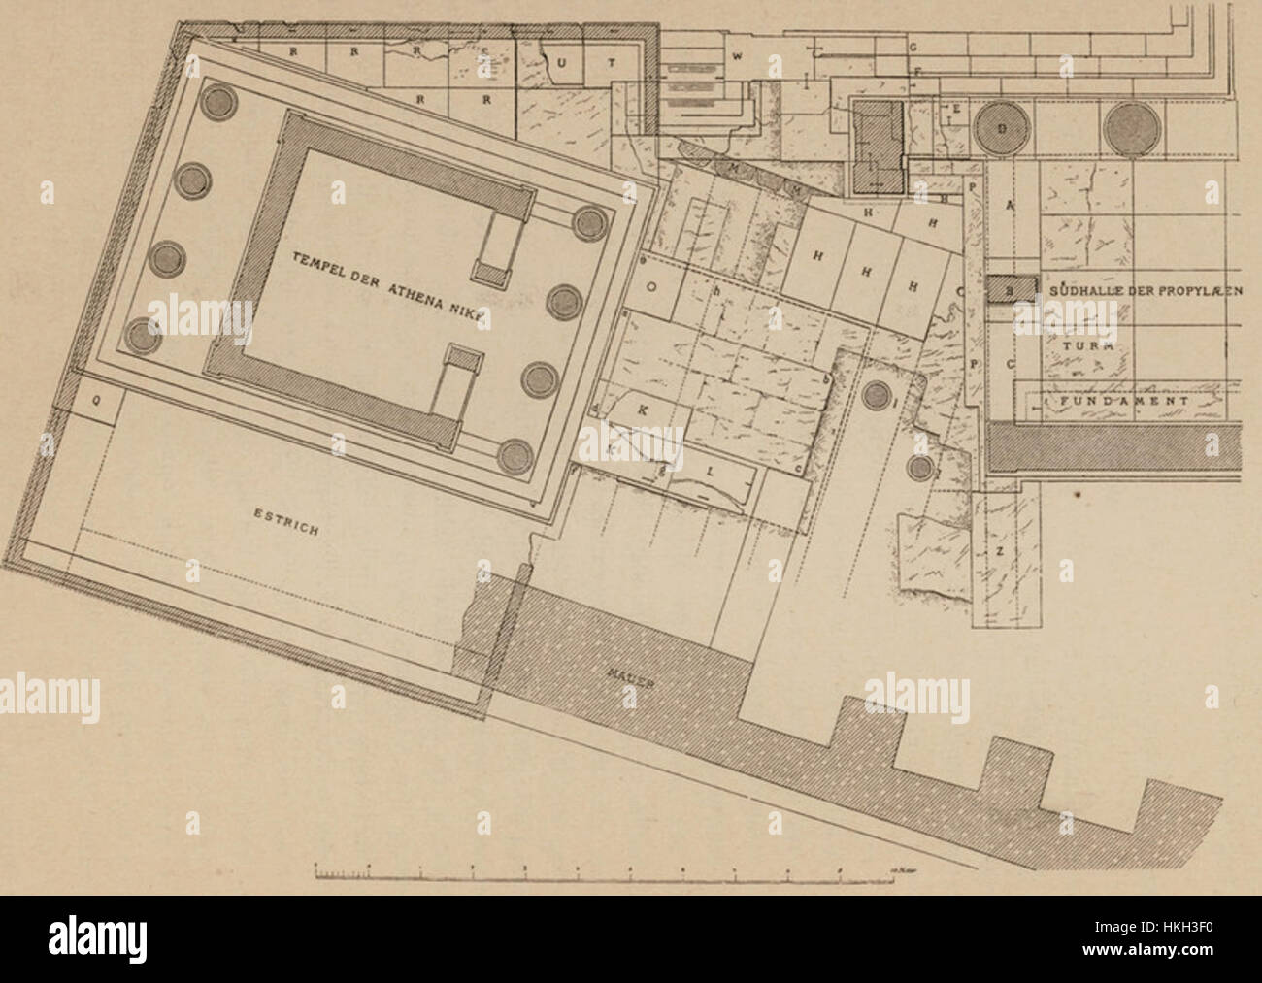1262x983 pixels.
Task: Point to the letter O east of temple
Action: pyautogui.click(x=652, y=287)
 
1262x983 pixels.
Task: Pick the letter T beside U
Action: pyautogui.click(x=612, y=62)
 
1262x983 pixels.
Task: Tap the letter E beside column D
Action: pyautogui.click(x=955, y=109)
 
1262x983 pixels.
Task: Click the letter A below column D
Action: pyautogui.click(x=1011, y=205)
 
